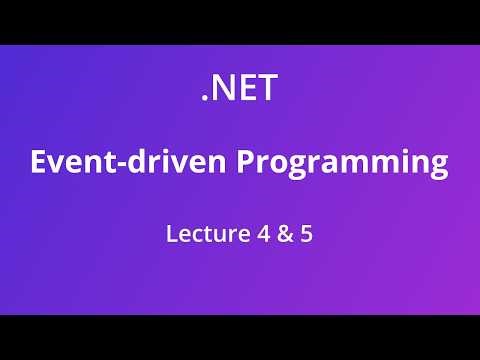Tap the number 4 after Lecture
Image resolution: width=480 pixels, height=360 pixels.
(x=259, y=238)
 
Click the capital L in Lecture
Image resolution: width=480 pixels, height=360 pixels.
(x=171, y=238)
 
